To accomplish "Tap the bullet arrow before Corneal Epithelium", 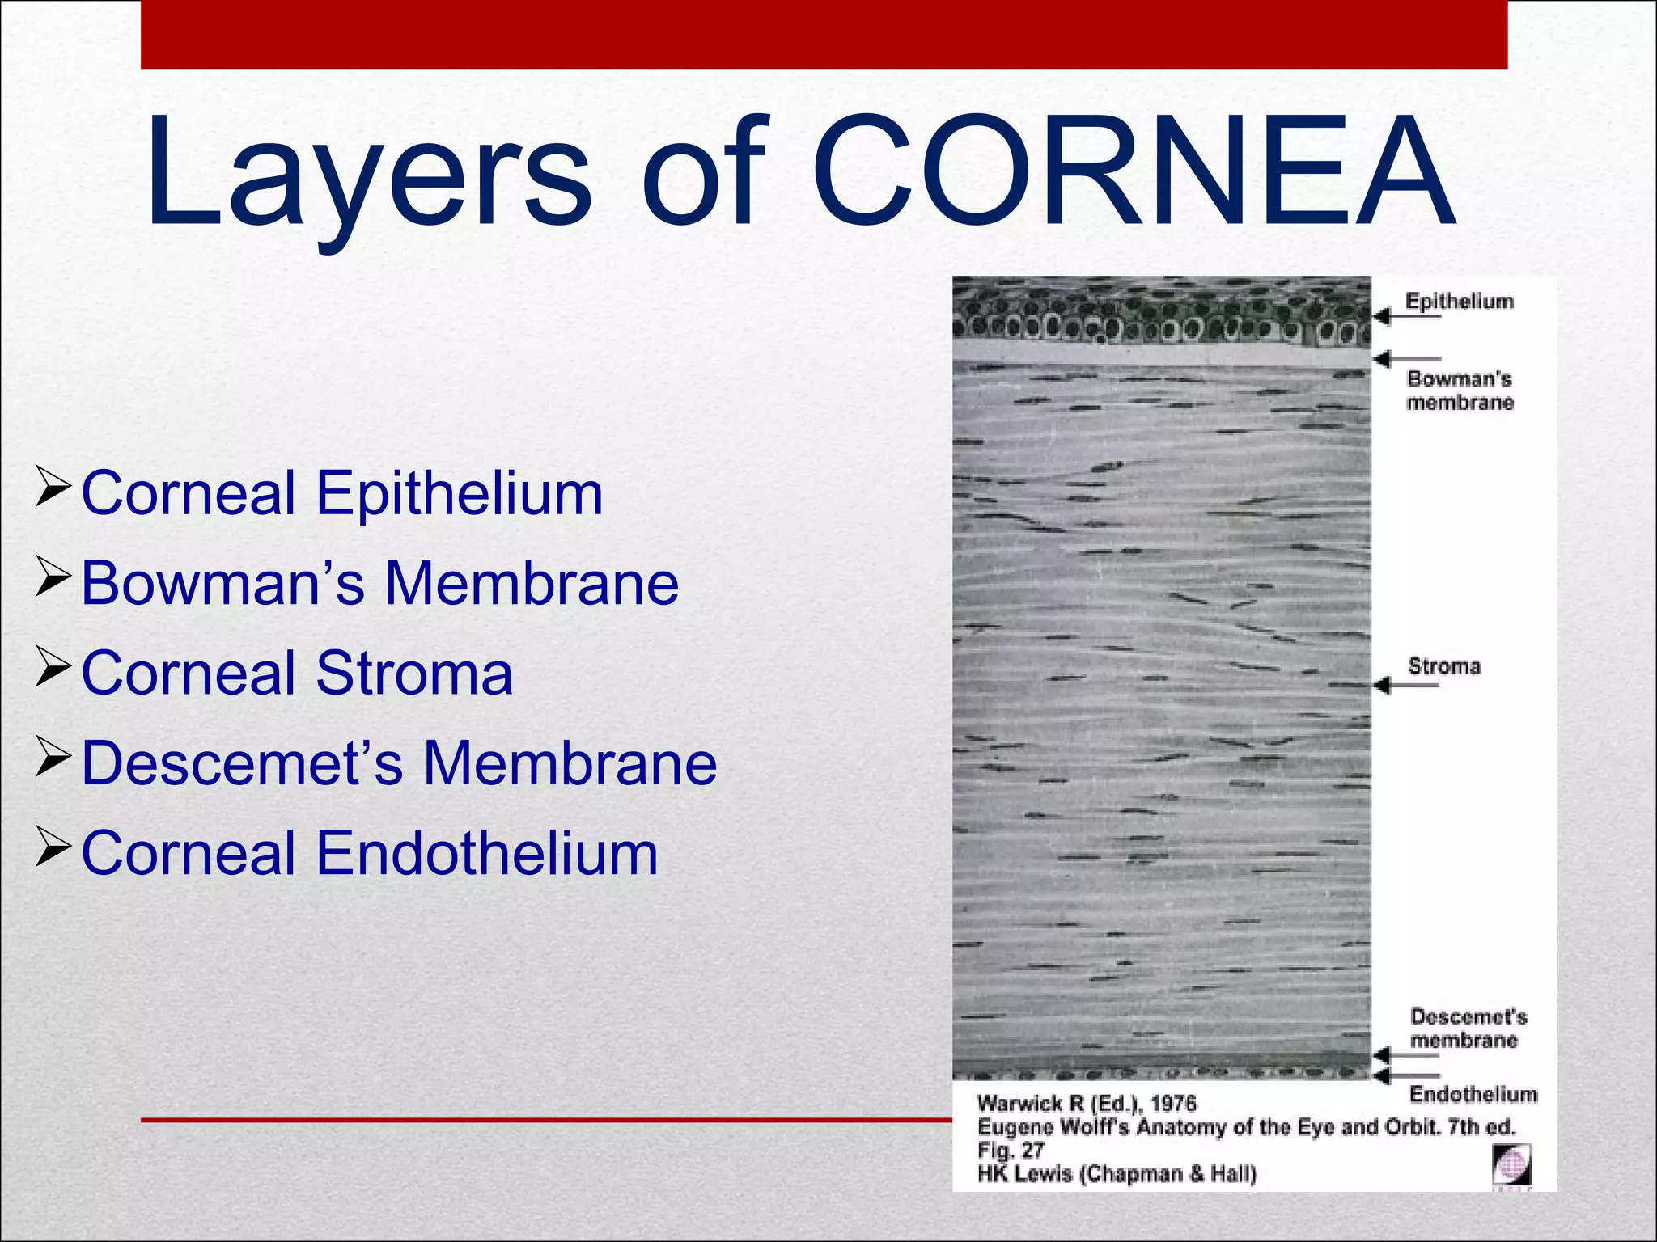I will [54, 490].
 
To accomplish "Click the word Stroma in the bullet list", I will [414, 674].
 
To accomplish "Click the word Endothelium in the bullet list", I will [486, 854].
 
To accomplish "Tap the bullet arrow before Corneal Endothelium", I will [54, 851].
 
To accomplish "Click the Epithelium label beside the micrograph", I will [1459, 301].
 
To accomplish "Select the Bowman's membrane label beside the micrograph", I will [1460, 391].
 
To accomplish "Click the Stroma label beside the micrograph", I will [1444, 666].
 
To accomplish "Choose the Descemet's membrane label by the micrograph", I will [1468, 1028].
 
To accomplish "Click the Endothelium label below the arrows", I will [1473, 1094].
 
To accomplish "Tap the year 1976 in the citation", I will [1172, 1104].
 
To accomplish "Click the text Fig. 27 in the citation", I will [1011, 1150].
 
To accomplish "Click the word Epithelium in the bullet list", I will [459, 493].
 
